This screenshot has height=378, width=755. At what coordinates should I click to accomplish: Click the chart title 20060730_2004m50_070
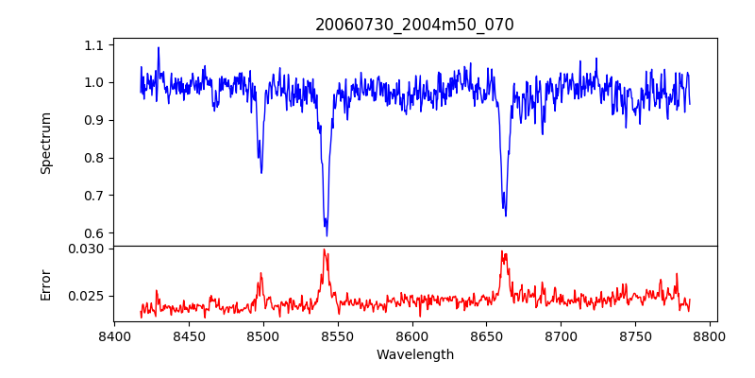[x=414, y=26]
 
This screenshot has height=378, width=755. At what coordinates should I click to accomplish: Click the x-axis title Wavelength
[x=414, y=354]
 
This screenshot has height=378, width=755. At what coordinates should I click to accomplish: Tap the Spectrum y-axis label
[x=46, y=143]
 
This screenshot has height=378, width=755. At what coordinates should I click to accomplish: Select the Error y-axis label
[x=46, y=283]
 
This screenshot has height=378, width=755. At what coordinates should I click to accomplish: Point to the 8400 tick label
[x=113, y=335]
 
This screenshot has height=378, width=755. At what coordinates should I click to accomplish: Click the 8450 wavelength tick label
[x=188, y=335]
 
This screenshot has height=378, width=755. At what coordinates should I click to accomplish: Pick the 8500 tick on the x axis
[x=262, y=335]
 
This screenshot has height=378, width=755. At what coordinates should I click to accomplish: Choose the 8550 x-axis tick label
[x=337, y=335]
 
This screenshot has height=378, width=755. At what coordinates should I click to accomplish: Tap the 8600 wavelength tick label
[x=412, y=335]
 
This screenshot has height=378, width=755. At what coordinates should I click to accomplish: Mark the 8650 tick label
[x=487, y=335]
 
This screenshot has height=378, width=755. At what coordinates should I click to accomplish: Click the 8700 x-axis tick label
[x=562, y=335]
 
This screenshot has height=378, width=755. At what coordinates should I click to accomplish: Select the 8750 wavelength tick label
[x=636, y=335]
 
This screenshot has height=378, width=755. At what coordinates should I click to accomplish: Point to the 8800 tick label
[x=711, y=335]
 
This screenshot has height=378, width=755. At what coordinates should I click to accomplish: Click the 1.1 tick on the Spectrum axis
[x=95, y=44]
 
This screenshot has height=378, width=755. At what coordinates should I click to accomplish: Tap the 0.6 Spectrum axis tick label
[x=95, y=233]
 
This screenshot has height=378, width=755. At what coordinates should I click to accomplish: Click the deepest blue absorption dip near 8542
[x=327, y=235]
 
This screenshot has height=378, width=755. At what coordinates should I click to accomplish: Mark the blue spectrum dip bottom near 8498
[x=261, y=173]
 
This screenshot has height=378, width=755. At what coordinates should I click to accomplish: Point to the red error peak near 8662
[x=502, y=251]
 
